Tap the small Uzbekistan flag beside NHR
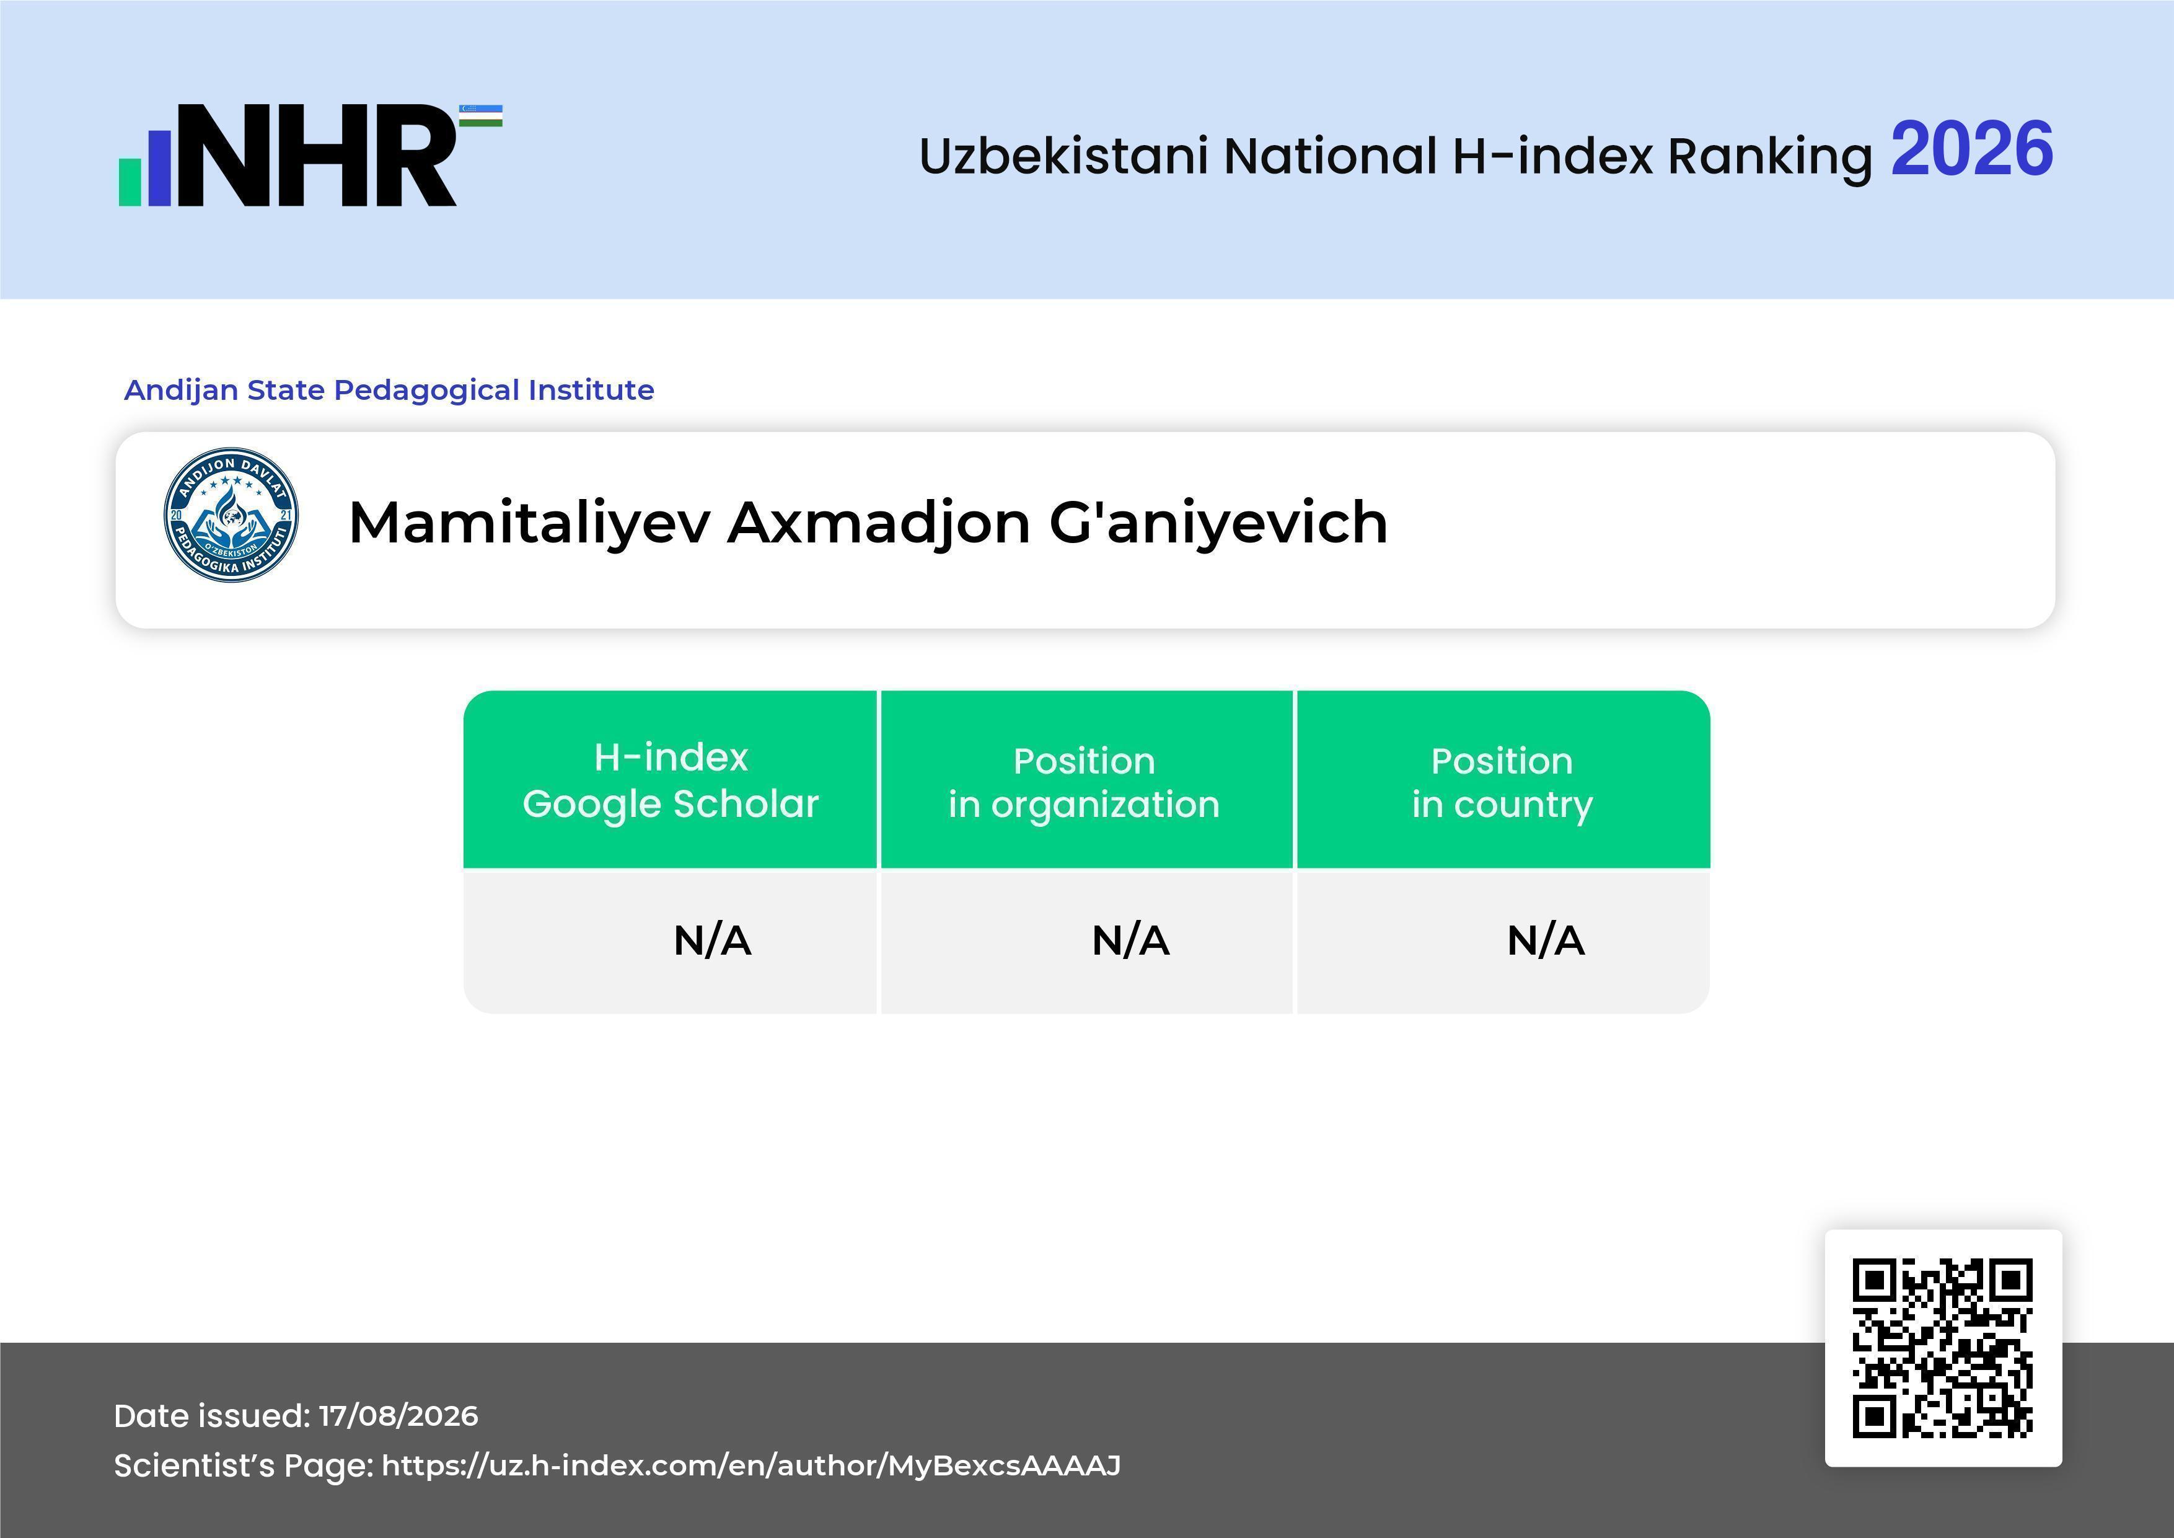481,115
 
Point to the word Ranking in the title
1770,157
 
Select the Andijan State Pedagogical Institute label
389,389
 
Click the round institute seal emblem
231,515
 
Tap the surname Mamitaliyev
529,524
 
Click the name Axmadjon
879,524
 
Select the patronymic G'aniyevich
1218,524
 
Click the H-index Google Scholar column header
671,780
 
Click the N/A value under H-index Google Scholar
713,940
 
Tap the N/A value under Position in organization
1130,940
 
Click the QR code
1943,1348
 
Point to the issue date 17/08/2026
398,1416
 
